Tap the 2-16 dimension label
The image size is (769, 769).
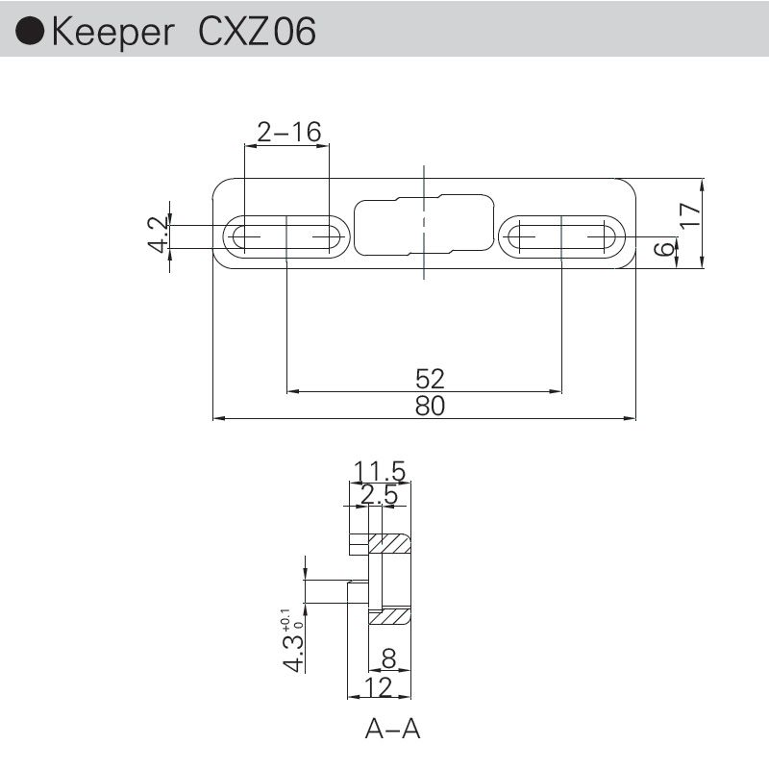coord(287,132)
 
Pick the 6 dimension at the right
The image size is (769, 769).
coord(662,249)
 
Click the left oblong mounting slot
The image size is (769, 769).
coord(286,236)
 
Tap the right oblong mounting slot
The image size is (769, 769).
coord(562,236)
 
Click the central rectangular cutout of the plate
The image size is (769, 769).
coord(424,225)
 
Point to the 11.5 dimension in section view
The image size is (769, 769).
coord(380,471)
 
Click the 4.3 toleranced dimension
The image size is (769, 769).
coord(294,639)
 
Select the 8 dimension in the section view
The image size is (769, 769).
coord(388,660)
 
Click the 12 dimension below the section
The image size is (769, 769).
coord(380,686)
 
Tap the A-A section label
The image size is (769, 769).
coord(392,730)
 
